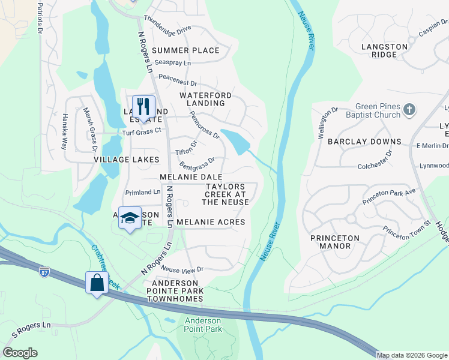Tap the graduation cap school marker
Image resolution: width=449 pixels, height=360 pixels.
[x=129, y=218]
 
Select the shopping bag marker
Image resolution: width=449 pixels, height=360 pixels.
[x=97, y=282]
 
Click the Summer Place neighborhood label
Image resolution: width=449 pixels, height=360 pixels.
[x=185, y=50]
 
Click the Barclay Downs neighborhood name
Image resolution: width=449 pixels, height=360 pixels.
[x=364, y=142]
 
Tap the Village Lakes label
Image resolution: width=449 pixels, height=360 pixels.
[x=126, y=160]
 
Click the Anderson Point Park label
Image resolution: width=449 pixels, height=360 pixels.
[x=203, y=325]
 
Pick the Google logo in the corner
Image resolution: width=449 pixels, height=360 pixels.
[x=20, y=353]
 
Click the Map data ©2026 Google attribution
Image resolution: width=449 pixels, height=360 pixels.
[x=412, y=355]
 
